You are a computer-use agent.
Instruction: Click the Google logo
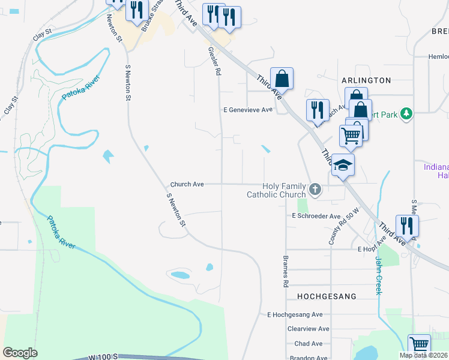coord(20,353)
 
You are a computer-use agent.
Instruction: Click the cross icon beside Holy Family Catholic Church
coord(315,191)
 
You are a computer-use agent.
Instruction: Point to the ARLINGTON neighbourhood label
coord(366,80)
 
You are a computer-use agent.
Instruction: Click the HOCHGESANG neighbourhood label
coord(327,296)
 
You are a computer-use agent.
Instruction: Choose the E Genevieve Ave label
coord(248,110)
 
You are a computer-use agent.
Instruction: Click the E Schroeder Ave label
coord(316,216)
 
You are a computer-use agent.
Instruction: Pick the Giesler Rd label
coord(214,61)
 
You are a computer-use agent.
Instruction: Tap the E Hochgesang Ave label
coord(295,314)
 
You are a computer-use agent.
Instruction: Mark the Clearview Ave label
coord(309,329)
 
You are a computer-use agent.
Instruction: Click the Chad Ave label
coord(309,344)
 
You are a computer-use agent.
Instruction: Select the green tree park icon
coord(407,113)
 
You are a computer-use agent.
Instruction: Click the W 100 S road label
coord(102,357)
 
